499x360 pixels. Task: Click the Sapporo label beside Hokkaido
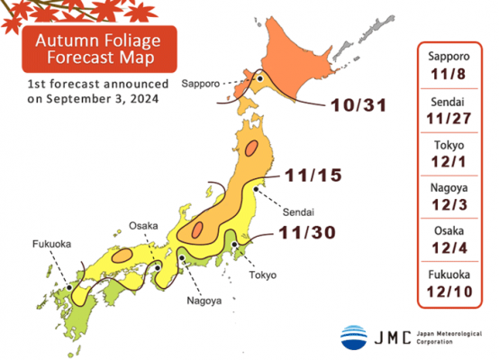click(201, 83)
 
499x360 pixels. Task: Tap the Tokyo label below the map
click(263, 274)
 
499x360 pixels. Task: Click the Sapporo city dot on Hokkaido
click(259, 78)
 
